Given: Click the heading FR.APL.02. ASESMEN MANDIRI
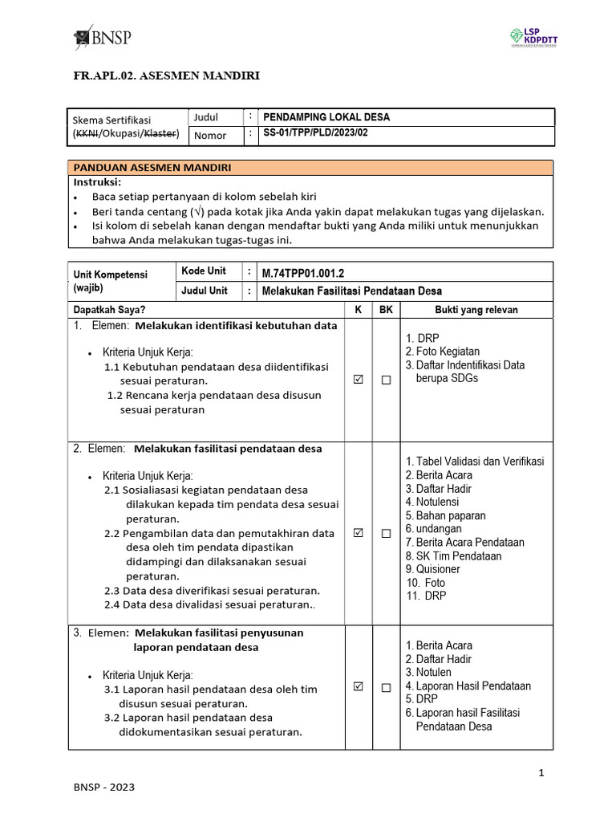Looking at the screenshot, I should [x=166, y=76].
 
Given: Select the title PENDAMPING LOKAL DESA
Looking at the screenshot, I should [x=326, y=117].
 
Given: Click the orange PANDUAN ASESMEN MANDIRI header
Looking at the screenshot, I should [x=152, y=168].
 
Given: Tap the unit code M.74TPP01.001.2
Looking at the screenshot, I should [x=309, y=272].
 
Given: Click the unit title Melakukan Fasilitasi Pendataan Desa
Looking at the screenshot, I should [x=351, y=291].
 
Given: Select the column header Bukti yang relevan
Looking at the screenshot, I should [x=476, y=310].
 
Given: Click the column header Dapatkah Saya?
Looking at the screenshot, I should [x=110, y=310].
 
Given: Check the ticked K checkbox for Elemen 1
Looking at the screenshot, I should [x=358, y=381].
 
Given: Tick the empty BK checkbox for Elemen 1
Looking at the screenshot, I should [x=386, y=381].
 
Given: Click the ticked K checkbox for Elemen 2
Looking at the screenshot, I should [x=358, y=533].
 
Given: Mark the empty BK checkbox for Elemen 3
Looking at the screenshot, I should [x=386, y=687].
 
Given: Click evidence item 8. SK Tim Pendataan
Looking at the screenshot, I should [x=453, y=555].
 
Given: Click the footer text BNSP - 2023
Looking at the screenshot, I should [x=103, y=787].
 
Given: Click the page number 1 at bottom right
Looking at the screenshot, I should [x=541, y=773].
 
